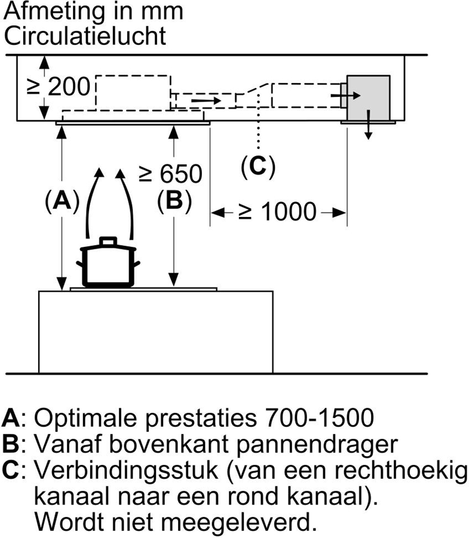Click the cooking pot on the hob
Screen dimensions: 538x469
108,266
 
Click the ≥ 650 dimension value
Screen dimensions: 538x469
170,174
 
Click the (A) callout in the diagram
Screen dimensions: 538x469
62,202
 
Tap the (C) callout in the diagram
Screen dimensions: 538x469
258,167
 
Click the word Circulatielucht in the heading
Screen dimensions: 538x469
84,36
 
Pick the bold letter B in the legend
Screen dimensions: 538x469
10,444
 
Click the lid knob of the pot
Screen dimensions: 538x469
108,241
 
